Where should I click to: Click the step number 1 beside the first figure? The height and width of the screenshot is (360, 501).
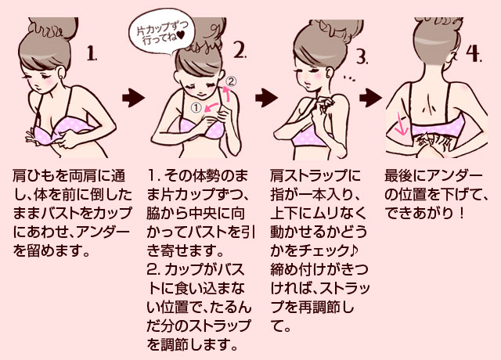[x=92, y=55]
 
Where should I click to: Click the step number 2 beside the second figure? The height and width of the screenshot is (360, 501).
[x=240, y=52]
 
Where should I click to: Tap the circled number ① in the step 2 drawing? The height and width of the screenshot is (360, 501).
[x=196, y=108]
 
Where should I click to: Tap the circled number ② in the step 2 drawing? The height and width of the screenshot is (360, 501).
[x=230, y=81]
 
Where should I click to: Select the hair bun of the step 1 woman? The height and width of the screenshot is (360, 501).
[x=50, y=27]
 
